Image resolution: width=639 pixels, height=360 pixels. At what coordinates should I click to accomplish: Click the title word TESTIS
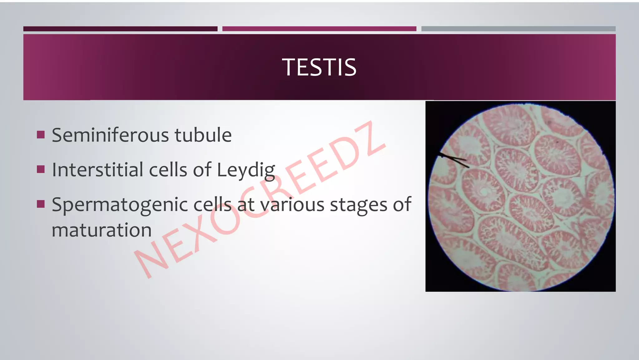319,67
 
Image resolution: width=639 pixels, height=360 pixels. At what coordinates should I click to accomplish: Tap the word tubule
203,135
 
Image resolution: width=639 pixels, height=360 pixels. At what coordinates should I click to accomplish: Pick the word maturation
101,230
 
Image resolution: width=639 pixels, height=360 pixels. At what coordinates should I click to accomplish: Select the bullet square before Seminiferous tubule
41,135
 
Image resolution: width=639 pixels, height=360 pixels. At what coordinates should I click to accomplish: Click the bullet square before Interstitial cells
41,170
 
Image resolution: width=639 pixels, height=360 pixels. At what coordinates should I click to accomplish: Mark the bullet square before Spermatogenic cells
41,204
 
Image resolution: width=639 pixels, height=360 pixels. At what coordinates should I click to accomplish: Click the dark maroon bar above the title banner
120,29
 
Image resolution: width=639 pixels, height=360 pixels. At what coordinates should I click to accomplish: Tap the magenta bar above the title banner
319,29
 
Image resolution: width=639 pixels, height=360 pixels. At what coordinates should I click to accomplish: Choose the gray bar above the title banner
518,29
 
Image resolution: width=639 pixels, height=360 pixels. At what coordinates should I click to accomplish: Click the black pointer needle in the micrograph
454,159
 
